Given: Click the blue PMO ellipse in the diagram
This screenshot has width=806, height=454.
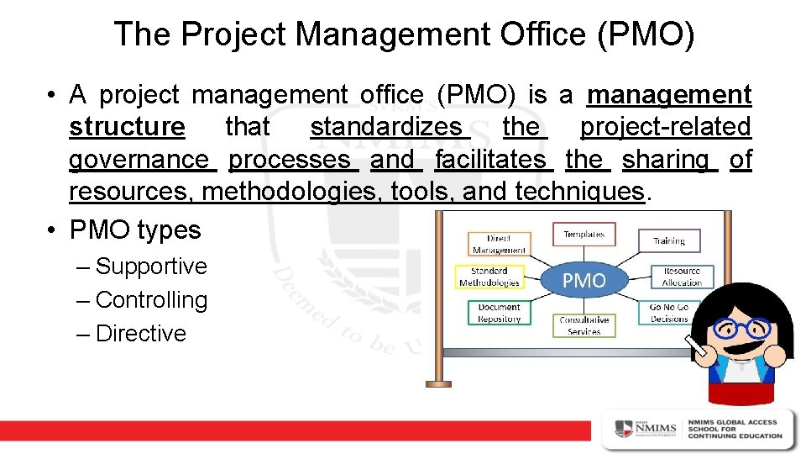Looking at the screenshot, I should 584,281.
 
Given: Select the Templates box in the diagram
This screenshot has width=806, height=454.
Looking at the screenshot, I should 584,235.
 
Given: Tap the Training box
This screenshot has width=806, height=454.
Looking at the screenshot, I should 669,241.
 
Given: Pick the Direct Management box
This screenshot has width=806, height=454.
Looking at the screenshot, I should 499,244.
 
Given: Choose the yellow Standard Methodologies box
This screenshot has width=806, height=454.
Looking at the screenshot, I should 489,277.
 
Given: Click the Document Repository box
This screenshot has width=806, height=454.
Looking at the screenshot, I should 500,314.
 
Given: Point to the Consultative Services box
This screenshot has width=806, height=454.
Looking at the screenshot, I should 584,325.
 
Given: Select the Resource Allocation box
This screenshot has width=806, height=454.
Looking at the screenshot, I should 682,277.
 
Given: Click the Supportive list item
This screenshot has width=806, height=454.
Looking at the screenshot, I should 151,267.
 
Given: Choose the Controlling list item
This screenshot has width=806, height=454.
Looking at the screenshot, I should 151,300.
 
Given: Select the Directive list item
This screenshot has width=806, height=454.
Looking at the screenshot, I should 141,334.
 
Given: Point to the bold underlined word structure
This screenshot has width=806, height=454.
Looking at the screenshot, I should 127,127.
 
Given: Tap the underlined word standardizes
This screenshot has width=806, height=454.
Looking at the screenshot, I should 386,127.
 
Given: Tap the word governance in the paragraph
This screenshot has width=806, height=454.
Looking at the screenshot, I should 139,160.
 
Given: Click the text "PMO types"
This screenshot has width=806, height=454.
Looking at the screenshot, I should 135,230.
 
